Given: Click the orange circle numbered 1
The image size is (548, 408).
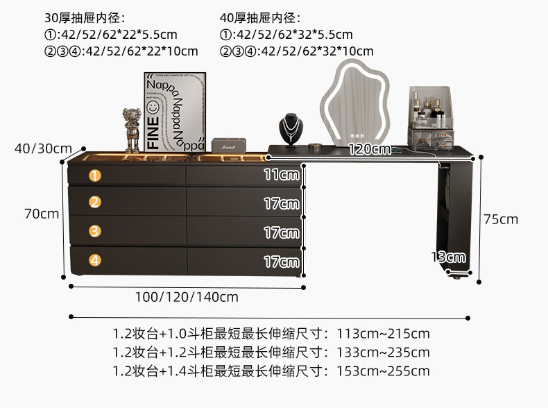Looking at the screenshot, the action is [95, 176].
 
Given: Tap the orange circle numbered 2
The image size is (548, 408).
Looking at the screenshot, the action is [95, 202].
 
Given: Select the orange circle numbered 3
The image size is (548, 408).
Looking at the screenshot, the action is [95, 231].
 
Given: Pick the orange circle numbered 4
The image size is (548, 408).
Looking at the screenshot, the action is [95, 260].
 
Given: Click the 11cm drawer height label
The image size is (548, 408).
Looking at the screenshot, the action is [281, 175].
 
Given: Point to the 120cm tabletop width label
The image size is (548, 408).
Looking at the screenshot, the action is [369, 149].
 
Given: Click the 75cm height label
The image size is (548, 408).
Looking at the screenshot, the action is [501, 219].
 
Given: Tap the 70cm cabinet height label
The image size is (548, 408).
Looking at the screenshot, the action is [42, 214].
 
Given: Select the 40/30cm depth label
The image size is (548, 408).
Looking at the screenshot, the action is [42, 148].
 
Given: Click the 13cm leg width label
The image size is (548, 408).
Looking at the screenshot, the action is [447, 257].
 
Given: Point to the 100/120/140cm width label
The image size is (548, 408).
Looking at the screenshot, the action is [187, 297].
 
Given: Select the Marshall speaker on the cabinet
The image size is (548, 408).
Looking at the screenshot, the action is [228, 145].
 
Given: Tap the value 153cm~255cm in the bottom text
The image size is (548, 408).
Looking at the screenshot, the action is [383, 371].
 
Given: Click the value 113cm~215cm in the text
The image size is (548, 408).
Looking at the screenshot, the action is [383, 334].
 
